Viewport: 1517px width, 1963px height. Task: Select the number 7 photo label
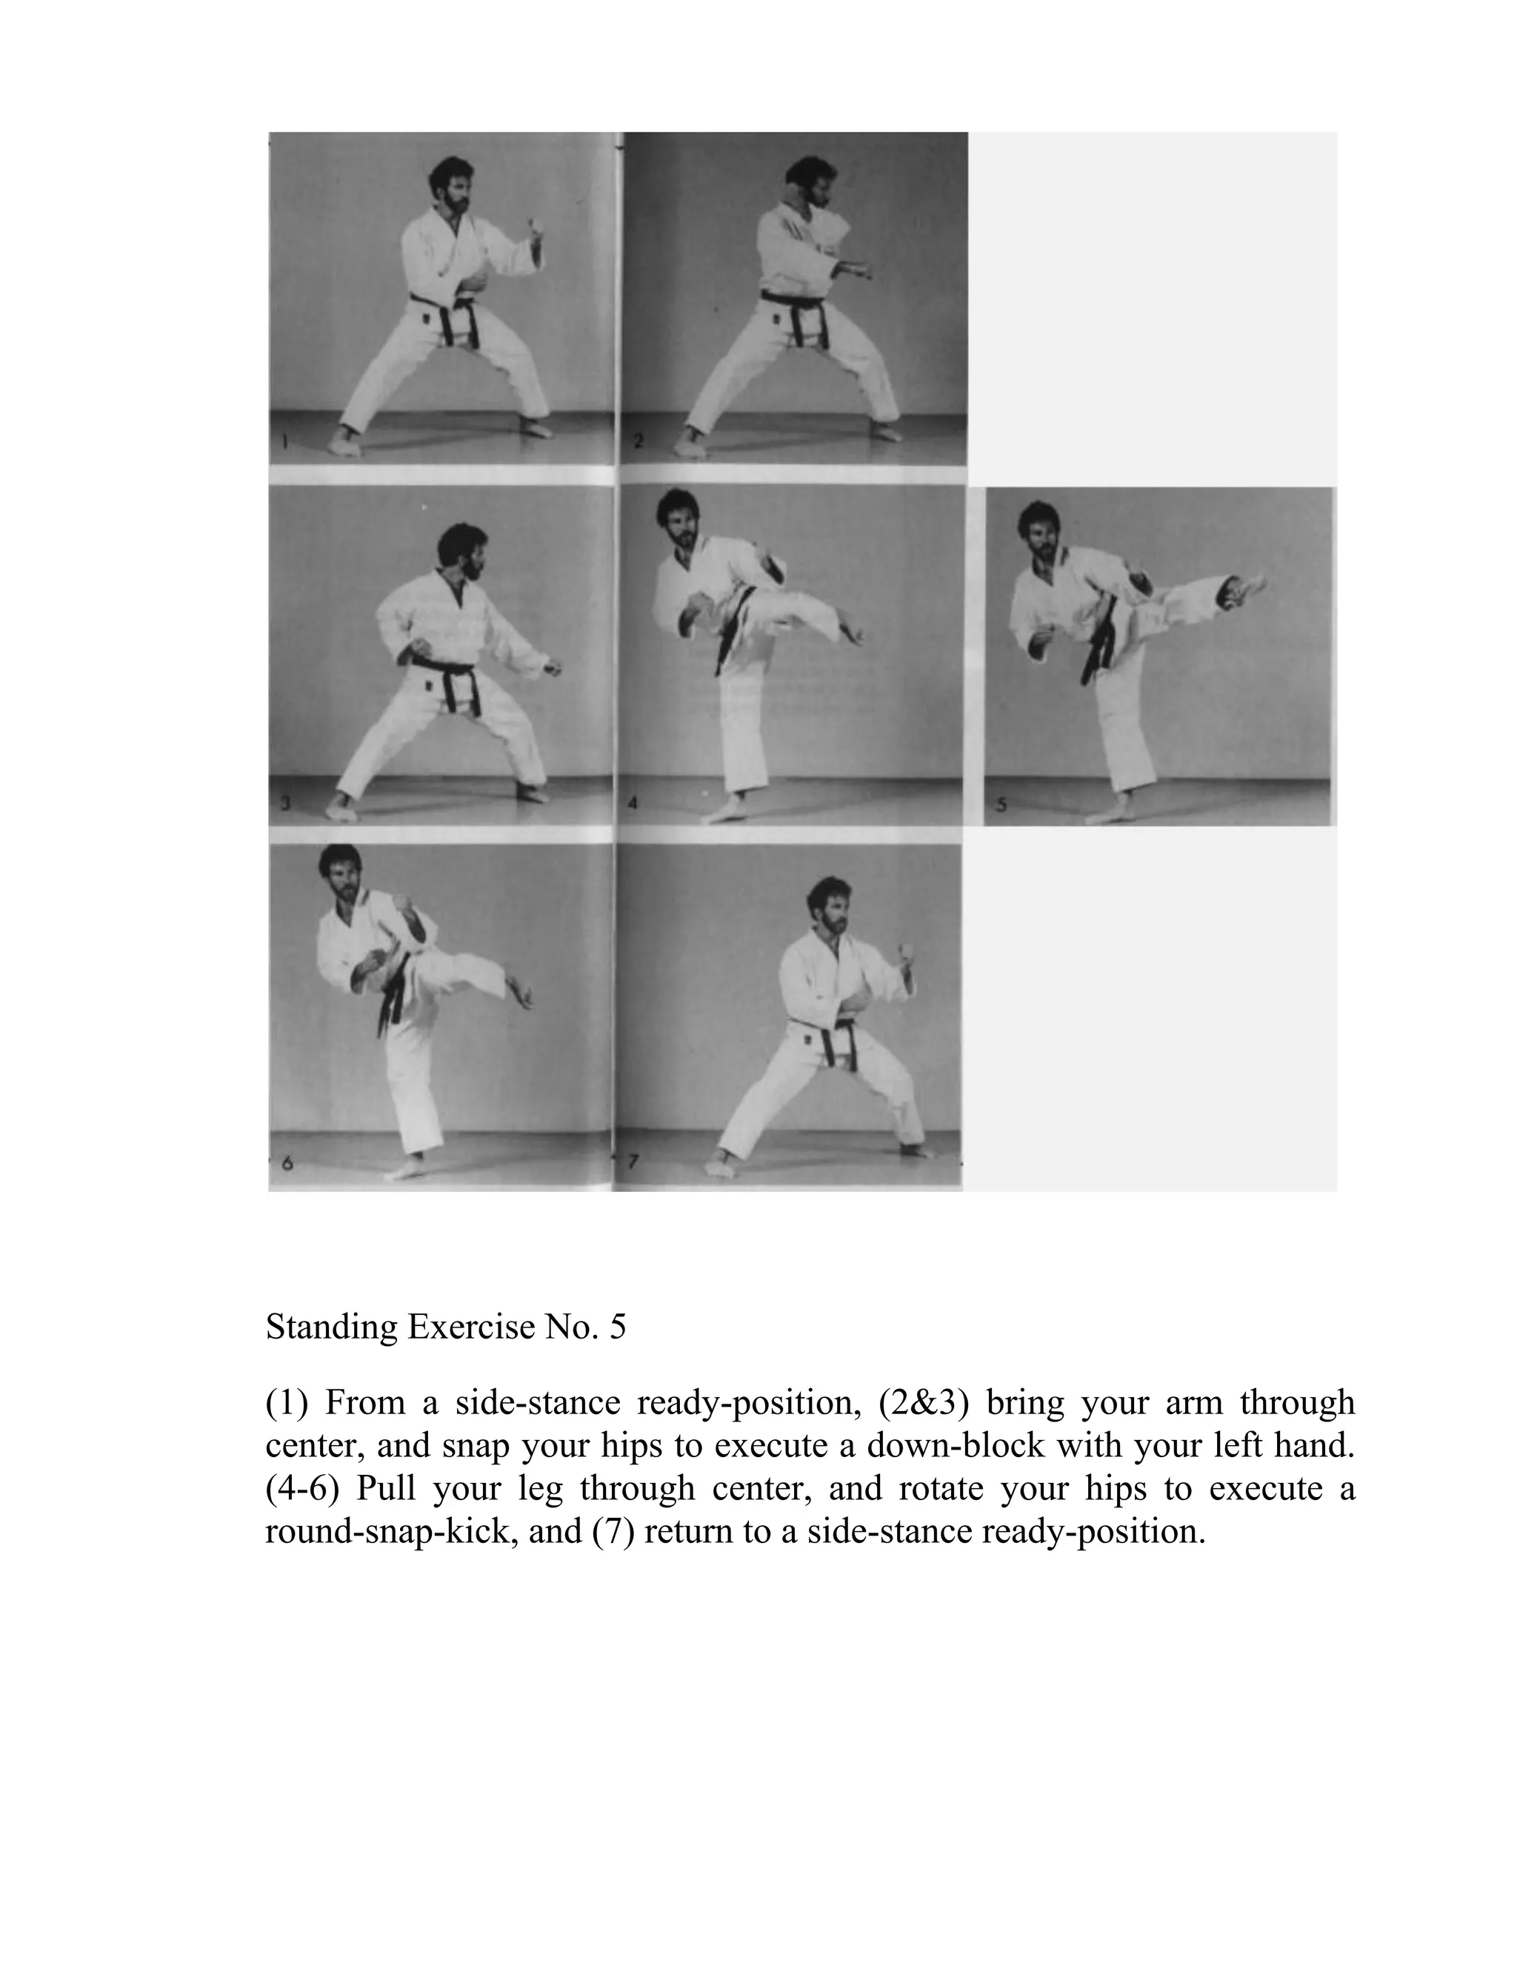(633, 1162)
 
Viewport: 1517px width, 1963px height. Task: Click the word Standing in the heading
(332, 1327)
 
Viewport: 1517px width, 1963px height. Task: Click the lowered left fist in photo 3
(553, 669)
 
